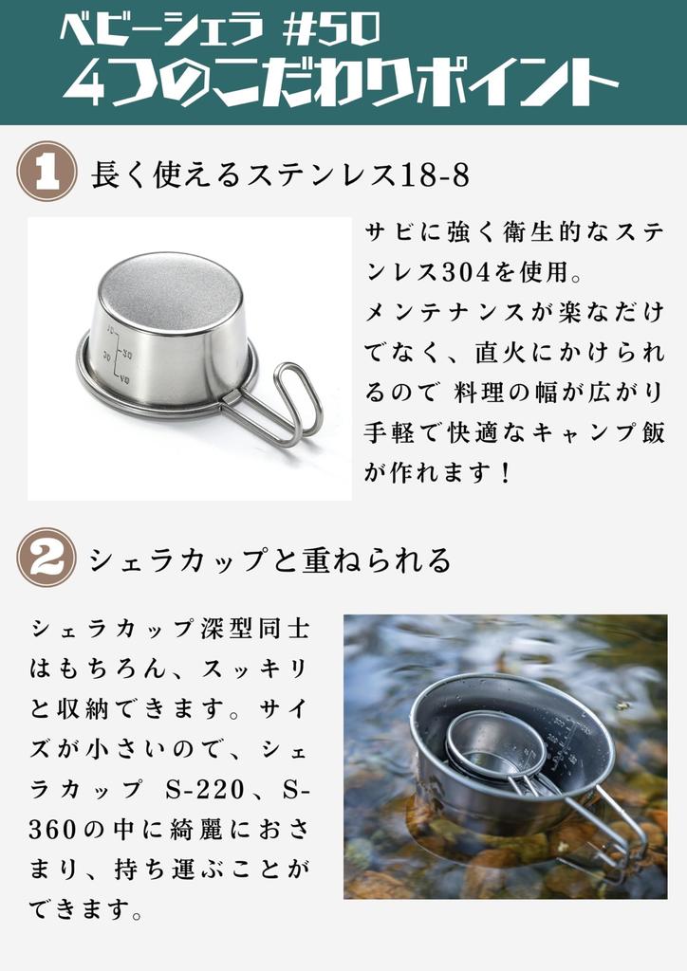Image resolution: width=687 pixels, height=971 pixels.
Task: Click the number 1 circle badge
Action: click(46, 173)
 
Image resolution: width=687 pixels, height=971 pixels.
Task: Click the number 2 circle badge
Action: click(46, 557)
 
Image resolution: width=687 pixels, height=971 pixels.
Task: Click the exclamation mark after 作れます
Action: click(505, 472)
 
